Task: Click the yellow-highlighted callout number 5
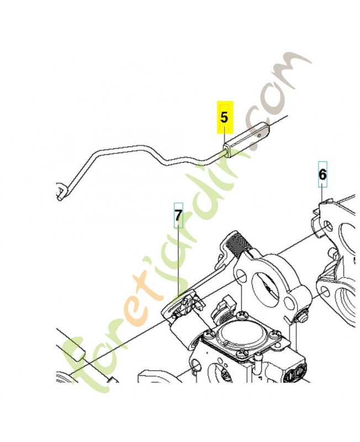coord(224,117)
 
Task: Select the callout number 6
coord(322,175)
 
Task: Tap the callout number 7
coord(178,215)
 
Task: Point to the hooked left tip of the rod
coord(61,191)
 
